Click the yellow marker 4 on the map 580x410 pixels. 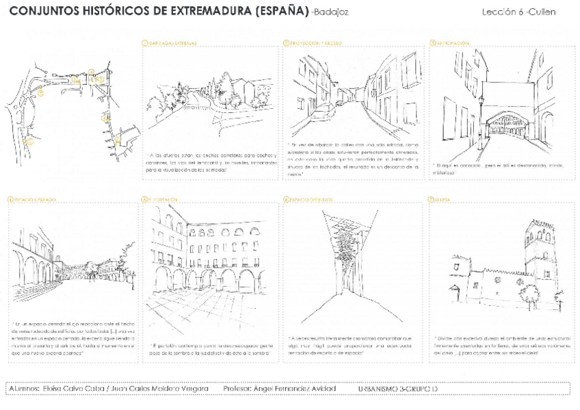[91, 71]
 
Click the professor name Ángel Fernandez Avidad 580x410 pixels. [297, 389]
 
